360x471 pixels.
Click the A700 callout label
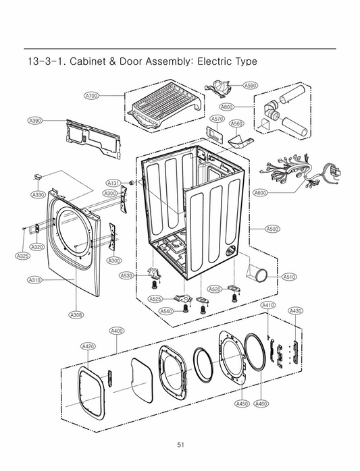click(91, 96)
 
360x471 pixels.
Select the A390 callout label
click(35, 120)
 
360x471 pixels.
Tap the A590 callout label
click(250, 86)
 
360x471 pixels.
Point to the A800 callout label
click(227, 107)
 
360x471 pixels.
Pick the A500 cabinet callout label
click(273, 229)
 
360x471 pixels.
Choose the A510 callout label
click(289, 277)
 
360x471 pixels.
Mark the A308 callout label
click(76, 314)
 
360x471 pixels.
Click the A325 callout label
click(22, 256)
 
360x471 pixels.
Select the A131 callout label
click(113, 183)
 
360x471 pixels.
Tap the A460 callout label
click(261, 404)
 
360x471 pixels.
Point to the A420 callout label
click(88, 346)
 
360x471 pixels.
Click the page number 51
click(180, 444)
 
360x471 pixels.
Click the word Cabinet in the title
click(91, 61)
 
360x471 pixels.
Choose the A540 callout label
click(166, 311)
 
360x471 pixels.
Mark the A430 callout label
click(295, 310)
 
